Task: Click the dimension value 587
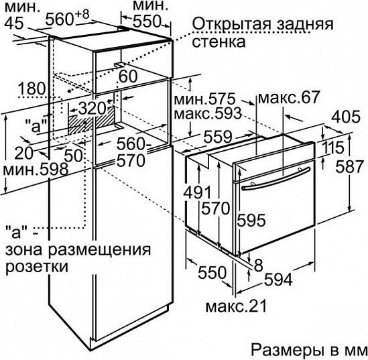point(349,167)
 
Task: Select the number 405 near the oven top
point(345,117)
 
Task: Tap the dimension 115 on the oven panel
point(332,148)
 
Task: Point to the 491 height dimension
point(197,192)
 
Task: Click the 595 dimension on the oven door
point(251,220)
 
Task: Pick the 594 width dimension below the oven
point(278,280)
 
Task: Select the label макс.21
point(237,306)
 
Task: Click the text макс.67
point(289,97)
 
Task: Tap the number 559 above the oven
point(218,137)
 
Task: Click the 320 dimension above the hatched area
point(92,109)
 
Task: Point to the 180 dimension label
point(32,88)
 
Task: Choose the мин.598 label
point(36,169)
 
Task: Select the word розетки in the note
point(37,266)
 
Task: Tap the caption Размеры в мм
point(308,349)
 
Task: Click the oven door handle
point(276,178)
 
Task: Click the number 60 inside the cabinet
point(128,76)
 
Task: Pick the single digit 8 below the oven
point(258,265)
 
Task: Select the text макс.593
point(208,113)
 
